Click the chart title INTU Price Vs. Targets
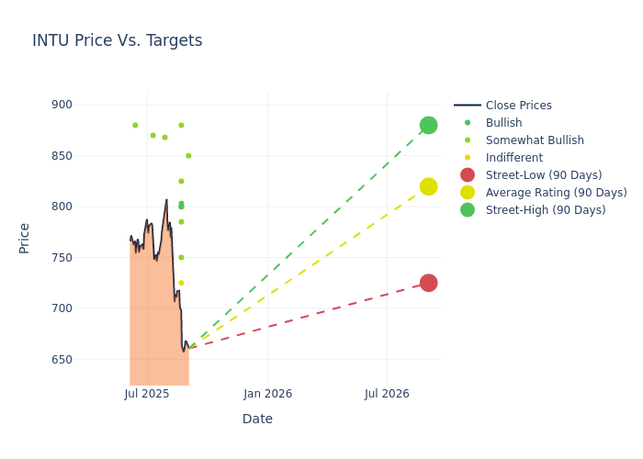tap(118, 40)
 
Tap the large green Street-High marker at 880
tap(428, 125)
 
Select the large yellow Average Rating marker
tap(428, 186)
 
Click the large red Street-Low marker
tap(428, 283)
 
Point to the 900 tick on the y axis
tap(62, 105)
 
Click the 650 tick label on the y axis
tap(62, 359)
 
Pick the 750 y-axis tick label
tap(62, 258)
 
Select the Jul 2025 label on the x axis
tap(146, 394)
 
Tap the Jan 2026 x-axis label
tap(268, 394)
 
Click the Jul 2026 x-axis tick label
tap(387, 394)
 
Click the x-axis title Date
tap(257, 419)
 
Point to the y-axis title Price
tap(25, 238)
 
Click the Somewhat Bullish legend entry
tap(535, 140)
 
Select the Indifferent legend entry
tap(513, 158)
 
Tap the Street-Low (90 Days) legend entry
tap(543, 175)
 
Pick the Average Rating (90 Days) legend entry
tap(556, 193)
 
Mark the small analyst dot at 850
tap(188, 156)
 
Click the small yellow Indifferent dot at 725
tap(181, 283)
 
